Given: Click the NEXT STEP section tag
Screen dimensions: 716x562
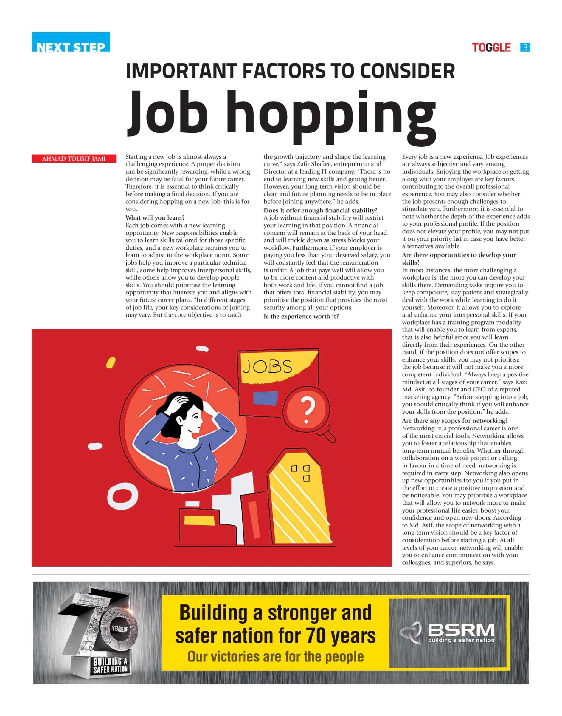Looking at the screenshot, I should point(71,42).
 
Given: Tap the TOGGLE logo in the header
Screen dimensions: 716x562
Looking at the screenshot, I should point(491,48).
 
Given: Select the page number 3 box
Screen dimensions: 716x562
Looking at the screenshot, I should point(525,47).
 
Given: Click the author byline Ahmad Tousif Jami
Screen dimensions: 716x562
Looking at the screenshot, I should point(74,159).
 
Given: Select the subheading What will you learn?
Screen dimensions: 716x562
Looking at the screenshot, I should point(155,218).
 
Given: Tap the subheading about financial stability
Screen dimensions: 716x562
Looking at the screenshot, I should point(321,210).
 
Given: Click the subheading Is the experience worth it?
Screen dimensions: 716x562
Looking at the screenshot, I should point(301,316).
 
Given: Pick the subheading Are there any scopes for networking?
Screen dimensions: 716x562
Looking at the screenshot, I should point(455,421).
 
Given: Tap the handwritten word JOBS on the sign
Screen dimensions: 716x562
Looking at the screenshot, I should point(267,367).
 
